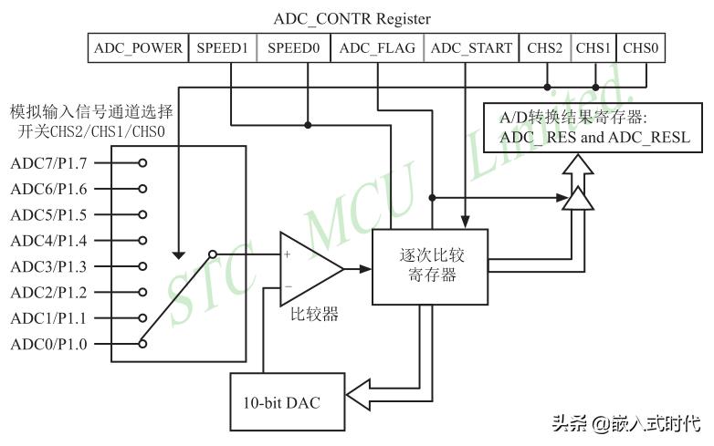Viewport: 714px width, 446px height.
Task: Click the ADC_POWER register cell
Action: coord(139,48)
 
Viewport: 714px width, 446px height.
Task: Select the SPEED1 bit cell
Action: coord(222,48)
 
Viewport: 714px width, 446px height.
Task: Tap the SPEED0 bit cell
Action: coord(293,48)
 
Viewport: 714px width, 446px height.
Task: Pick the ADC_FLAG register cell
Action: coord(377,48)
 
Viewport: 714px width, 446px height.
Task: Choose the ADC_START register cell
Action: coord(471,48)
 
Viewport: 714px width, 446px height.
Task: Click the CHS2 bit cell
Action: coord(545,48)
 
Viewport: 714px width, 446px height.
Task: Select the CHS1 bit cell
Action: coord(593,48)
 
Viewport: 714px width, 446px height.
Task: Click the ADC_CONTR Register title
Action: coord(352,18)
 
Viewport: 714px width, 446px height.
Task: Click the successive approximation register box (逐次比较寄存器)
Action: coord(428,264)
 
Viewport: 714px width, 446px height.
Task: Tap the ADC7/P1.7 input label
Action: coord(49,163)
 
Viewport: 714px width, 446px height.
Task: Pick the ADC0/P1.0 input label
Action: coord(49,344)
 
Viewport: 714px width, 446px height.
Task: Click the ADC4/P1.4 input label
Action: coord(49,241)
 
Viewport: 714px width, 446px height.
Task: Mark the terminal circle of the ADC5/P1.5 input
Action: coord(142,215)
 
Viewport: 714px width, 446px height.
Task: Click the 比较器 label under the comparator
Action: coord(314,315)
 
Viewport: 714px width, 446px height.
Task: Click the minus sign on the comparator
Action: coord(288,285)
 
